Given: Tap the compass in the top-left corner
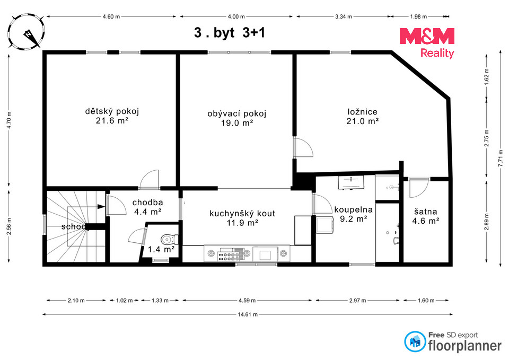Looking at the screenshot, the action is (26, 31).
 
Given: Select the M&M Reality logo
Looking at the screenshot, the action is (426, 42).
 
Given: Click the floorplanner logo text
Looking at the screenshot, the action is (465, 346).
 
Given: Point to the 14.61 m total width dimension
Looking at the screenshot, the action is (248, 314).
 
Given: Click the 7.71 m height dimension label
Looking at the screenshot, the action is (500, 159).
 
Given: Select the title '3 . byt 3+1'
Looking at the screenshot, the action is (230, 33).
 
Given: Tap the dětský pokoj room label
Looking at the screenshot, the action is (112, 111).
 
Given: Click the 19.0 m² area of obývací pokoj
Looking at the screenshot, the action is (237, 122).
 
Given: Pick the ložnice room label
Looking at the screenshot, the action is (363, 112).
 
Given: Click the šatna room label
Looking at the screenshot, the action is (426, 212).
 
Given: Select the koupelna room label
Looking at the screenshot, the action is (354, 210).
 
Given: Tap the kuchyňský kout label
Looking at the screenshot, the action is (242, 213).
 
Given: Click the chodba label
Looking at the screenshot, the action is (148, 203).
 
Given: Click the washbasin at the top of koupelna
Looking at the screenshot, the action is (351, 182).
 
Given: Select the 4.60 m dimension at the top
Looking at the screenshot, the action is (111, 16).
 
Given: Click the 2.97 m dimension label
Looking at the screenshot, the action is (357, 301).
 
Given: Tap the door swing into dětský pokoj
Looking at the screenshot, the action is (150, 179).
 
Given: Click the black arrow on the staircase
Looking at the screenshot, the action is (101, 206).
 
